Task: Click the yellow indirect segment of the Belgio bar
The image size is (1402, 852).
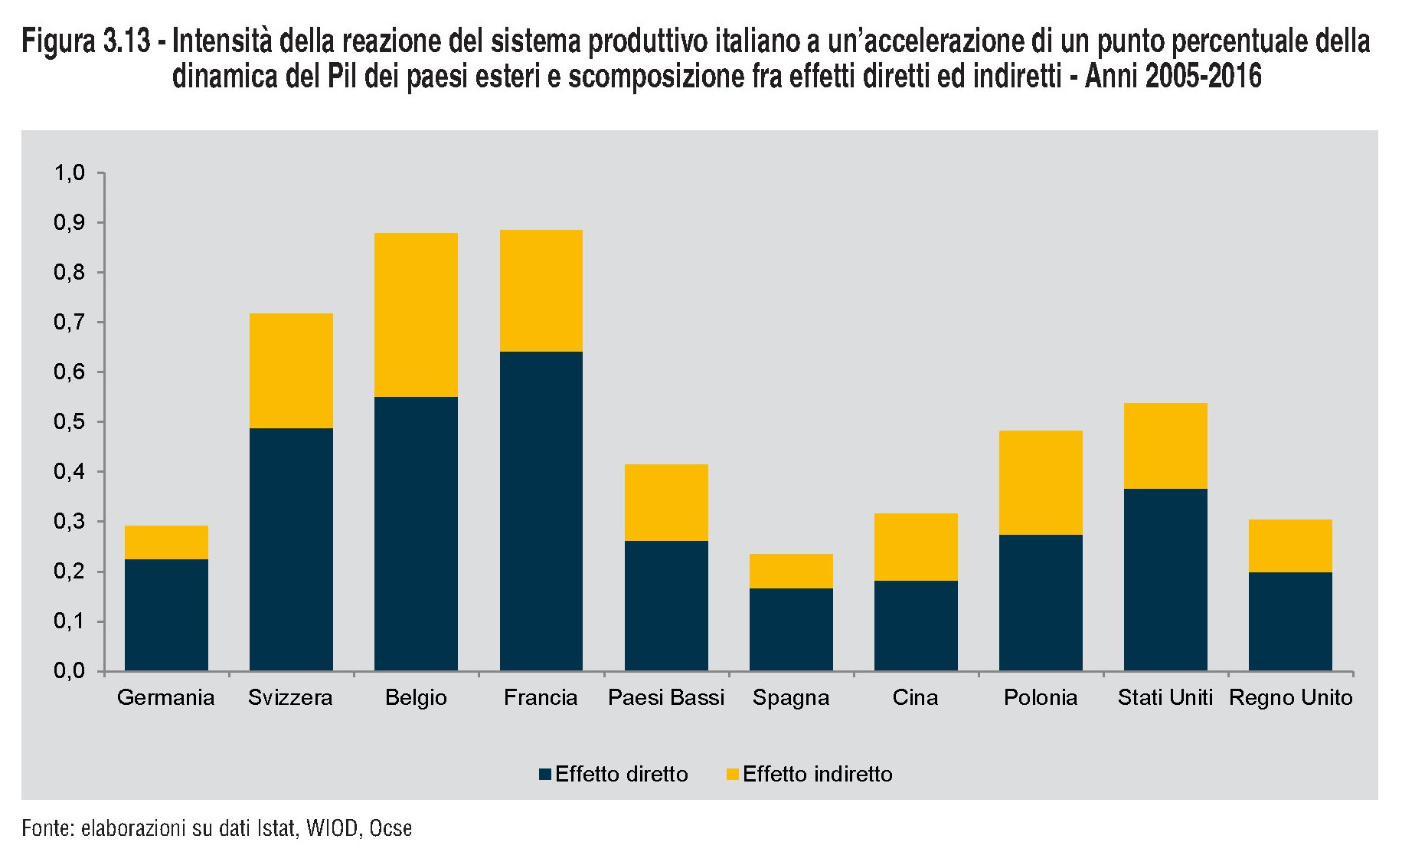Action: click(x=416, y=315)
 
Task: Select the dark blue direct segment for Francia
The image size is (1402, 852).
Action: click(x=541, y=511)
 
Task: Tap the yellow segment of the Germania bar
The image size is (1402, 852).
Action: click(x=166, y=542)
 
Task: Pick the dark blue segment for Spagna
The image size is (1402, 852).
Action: click(x=791, y=629)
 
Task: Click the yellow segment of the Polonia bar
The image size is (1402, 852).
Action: click(x=1041, y=483)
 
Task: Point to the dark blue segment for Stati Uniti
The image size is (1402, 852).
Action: click(x=1165, y=579)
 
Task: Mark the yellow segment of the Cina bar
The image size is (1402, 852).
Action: click(x=916, y=547)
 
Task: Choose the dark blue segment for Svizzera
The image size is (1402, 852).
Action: click(x=291, y=549)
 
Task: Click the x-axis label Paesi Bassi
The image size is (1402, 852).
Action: click(x=665, y=697)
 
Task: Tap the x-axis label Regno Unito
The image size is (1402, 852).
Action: click(x=1290, y=697)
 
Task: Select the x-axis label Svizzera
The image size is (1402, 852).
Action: click(x=290, y=697)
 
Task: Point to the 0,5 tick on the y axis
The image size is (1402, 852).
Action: click(x=69, y=422)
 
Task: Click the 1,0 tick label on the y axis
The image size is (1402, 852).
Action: click(x=69, y=173)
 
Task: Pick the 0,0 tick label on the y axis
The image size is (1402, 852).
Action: click(x=69, y=671)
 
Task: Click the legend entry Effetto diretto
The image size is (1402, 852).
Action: click(x=621, y=774)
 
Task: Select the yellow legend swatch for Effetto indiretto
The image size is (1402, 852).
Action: click(x=732, y=774)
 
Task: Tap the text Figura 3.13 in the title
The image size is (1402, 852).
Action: click(x=86, y=41)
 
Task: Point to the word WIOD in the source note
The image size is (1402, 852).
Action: click(x=332, y=828)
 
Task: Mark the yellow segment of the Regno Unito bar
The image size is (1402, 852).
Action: click(x=1290, y=546)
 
